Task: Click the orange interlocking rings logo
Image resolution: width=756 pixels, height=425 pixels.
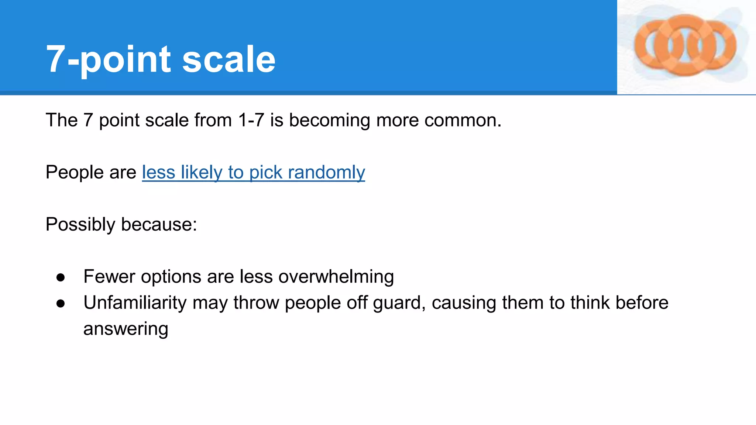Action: click(685, 45)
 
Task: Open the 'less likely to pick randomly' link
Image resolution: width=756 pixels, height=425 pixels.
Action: click(254, 172)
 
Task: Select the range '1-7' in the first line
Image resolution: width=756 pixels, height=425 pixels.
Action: click(251, 120)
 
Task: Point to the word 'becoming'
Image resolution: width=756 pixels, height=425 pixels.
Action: click(330, 120)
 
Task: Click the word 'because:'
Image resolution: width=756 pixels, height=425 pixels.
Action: click(159, 224)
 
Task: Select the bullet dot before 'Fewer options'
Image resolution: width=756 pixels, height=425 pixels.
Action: click(61, 277)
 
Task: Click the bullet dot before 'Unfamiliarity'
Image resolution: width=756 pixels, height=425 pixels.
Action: click(61, 304)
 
